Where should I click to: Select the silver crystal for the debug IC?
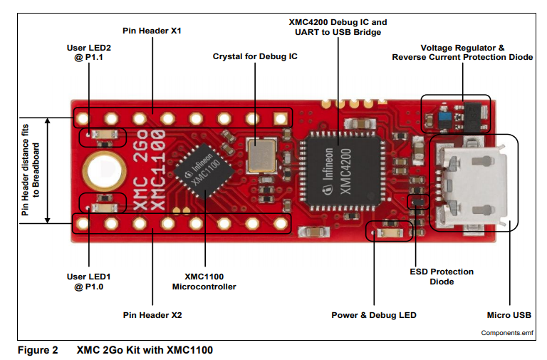260,155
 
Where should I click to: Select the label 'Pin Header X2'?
152,314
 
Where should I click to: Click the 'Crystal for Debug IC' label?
256,56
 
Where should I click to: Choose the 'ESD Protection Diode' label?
442,277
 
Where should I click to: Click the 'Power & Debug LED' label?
374,315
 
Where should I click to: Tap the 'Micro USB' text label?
509,315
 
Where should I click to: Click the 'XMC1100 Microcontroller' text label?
204,281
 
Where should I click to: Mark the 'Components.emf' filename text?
506,333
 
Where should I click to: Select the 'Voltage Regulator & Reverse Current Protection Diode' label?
462,52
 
